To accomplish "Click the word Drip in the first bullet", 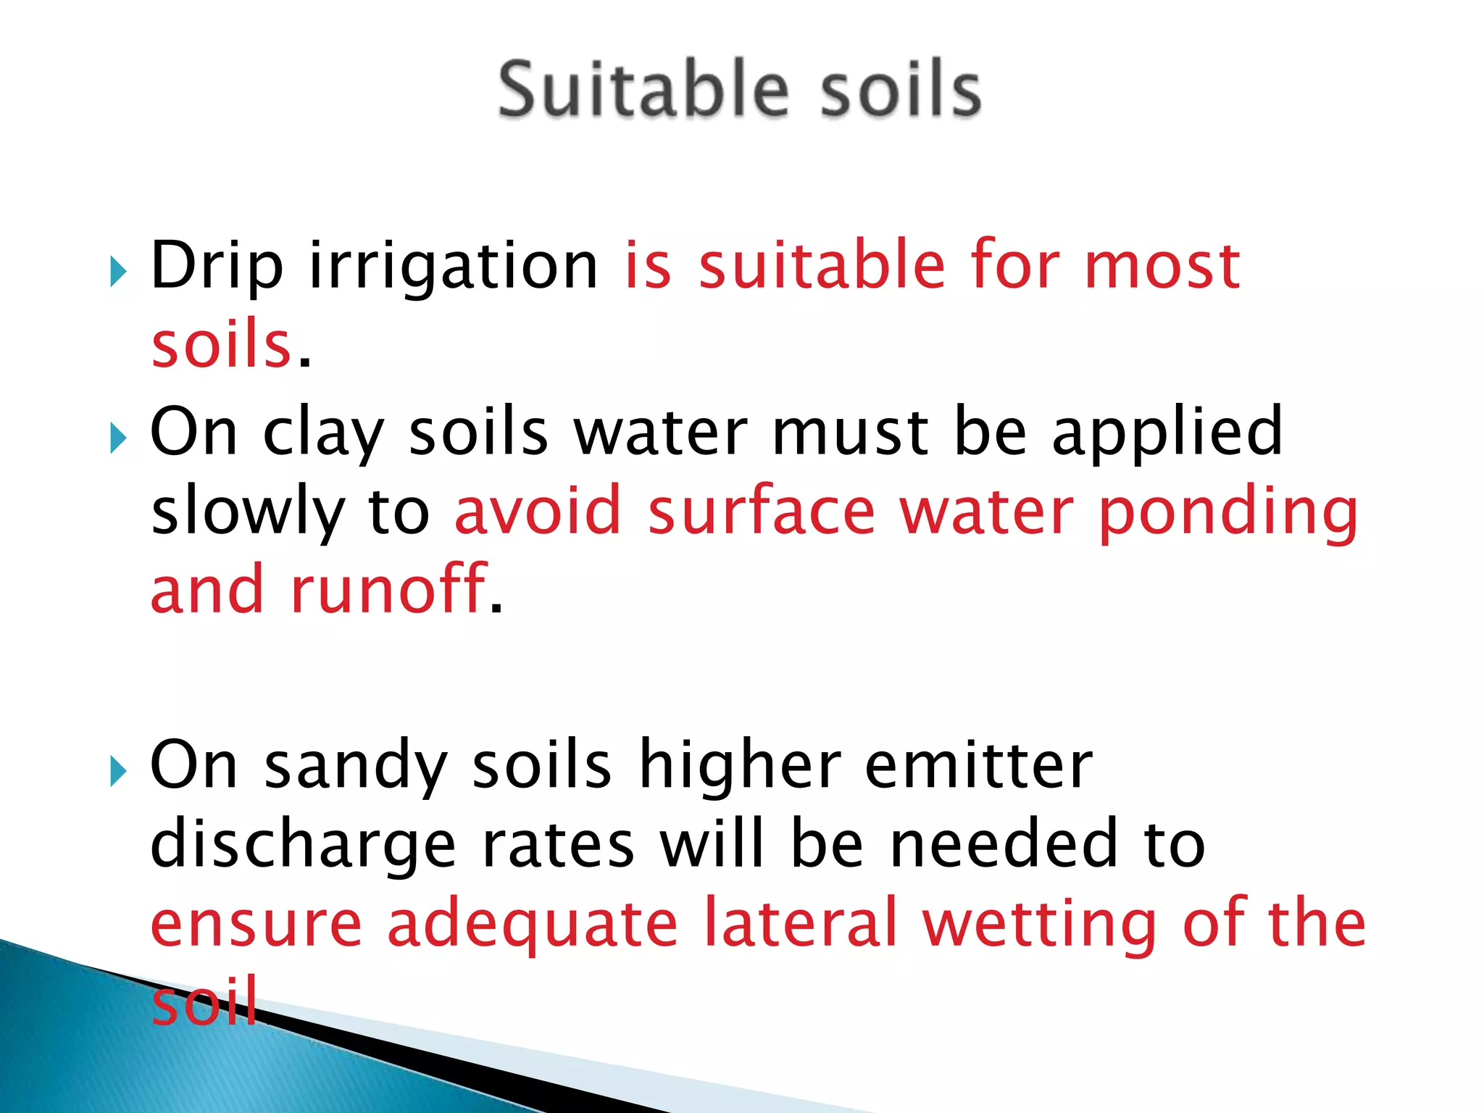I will tap(216, 267).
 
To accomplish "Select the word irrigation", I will tap(454, 267).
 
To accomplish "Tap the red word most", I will tap(1162, 265).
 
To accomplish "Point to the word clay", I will tap(323, 433).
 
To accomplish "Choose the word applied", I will tap(1167, 433).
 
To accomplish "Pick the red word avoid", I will tap(538, 510).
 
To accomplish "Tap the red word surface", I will tap(762, 510).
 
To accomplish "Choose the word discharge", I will tap(303, 846).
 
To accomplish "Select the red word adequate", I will tap(533, 925).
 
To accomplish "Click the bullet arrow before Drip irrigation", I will tap(118, 272).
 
